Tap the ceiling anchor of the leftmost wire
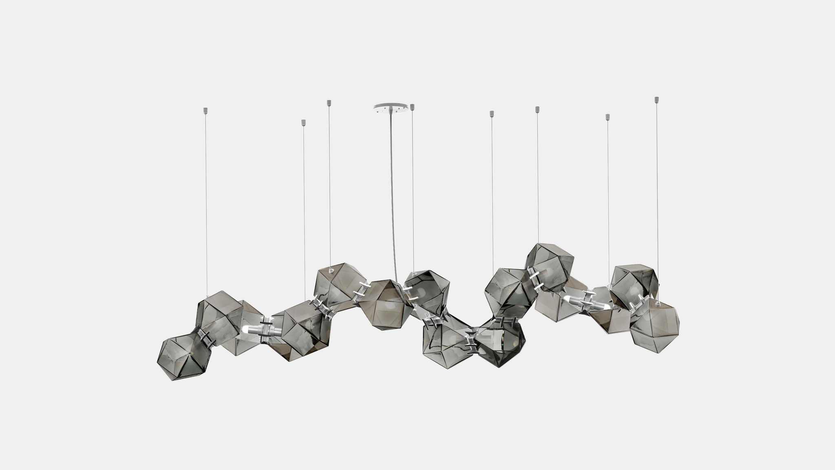[205, 110]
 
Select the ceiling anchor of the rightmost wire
[656, 100]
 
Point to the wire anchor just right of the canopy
[412, 107]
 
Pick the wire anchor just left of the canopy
[329, 103]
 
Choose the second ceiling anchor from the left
[303, 122]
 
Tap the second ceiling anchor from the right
[607, 117]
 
